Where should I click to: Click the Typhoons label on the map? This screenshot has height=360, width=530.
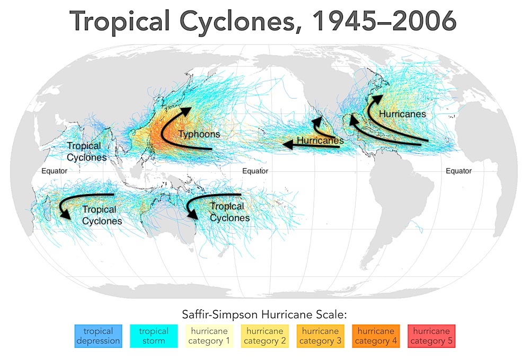pyautogui.click(x=199, y=134)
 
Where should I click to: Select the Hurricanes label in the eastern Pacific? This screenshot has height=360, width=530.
pyautogui.click(x=320, y=141)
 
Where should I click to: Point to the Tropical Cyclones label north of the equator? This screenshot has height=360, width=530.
pyautogui.click(x=86, y=152)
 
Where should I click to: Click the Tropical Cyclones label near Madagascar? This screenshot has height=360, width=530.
pyautogui.click(x=102, y=215)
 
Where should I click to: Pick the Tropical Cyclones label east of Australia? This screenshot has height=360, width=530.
pyautogui.click(x=229, y=212)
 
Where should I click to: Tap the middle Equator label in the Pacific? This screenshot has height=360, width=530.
pyautogui.click(x=255, y=171)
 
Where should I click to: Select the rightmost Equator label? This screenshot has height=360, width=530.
pyautogui.click(x=458, y=171)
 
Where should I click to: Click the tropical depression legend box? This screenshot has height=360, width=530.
pyautogui.click(x=98, y=336)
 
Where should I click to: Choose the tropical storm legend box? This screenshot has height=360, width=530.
pyautogui.click(x=154, y=336)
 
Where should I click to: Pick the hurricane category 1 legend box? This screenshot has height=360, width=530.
pyautogui.click(x=209, y=336)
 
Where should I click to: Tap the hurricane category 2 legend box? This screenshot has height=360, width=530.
pyautogui.click(x=265, y=336)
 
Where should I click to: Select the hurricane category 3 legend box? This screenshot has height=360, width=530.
pyautogui.click(x=321, y=336)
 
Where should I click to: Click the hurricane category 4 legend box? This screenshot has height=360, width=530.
pyautogui.click(x=376, y=336)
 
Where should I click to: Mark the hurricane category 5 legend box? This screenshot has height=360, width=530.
pyautogui.click(x=432, y=336)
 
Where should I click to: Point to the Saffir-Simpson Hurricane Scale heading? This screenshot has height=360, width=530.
pyautogui.click(x=265, y=315)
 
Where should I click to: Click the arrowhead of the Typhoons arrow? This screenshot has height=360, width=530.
pyautogui.click(x=186, y=112)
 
